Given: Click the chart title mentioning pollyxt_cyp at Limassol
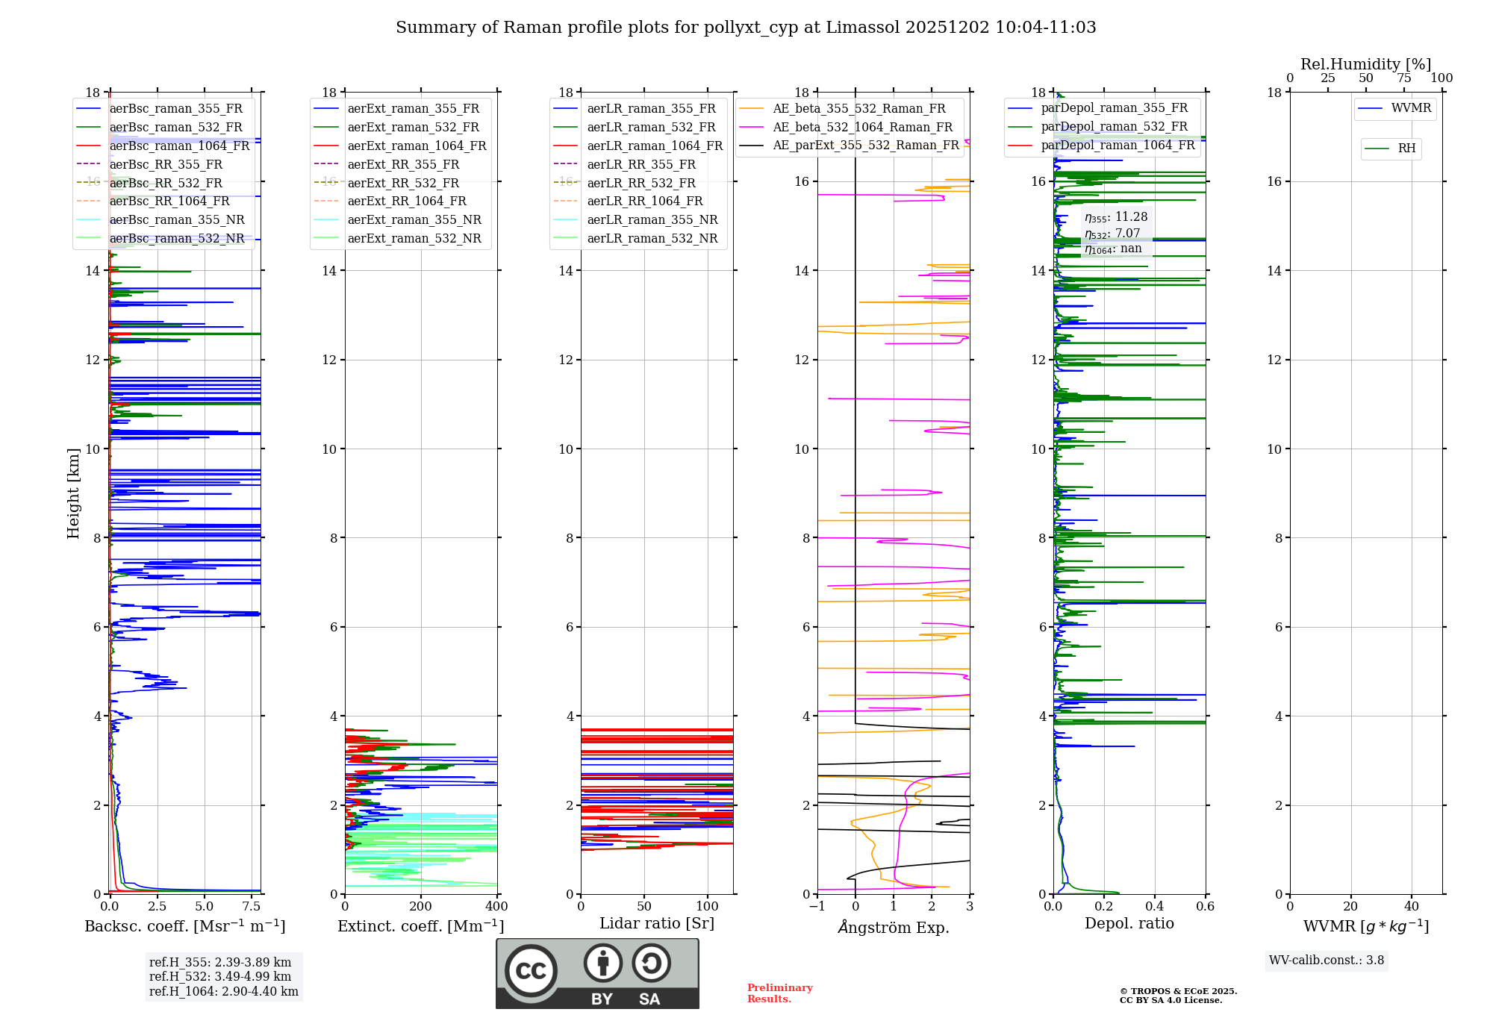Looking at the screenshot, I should pos(746,28).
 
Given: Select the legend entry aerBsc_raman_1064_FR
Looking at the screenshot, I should pos(179,146).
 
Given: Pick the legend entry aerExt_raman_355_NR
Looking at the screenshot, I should pos(414,220).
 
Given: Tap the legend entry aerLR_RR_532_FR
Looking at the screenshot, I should pos(640,183).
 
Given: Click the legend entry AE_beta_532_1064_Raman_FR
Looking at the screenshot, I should pos(862,128).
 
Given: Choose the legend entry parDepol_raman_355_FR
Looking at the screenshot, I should pos(1114,108).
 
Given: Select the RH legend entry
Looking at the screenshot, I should pos(1406,149).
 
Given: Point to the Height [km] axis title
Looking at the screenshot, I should pos(73,493).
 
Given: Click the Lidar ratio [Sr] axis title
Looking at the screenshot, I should pos(657,924).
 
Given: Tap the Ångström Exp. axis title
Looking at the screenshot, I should pos(894,928).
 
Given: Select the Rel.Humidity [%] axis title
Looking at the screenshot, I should pos(1365,64).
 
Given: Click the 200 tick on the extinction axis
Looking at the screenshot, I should pos(421,907).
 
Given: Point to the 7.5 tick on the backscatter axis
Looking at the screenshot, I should pos(252,907).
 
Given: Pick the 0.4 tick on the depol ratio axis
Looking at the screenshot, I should pos(1155,907).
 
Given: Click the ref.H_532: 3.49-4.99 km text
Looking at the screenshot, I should pos(220,976).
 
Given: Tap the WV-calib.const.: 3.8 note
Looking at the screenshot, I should pos(1327,961).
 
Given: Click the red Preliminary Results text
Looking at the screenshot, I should pos(779,993).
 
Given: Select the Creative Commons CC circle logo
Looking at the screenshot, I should pos(531,970).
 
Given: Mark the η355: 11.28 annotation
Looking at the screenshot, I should pos(1116,217).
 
